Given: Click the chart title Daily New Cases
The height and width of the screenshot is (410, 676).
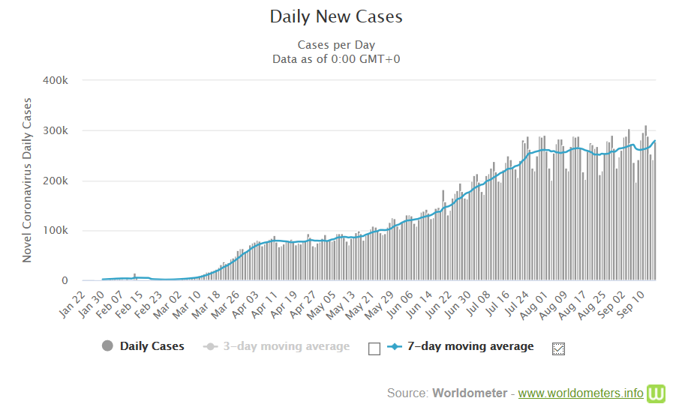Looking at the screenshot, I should [336, 16].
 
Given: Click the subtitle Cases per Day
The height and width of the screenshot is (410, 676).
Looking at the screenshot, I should [336, 45].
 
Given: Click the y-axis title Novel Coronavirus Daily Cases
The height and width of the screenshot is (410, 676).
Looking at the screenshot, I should [27, 180].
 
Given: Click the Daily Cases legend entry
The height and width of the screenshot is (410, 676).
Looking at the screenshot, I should [152, 346].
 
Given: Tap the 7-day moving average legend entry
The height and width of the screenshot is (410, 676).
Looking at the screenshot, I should [470, 346].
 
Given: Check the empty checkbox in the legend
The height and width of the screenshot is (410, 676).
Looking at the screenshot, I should [375, 348].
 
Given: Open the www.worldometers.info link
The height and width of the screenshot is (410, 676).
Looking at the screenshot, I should [580, 393].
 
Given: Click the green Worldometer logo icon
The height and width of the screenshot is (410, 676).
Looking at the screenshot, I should [657, 393].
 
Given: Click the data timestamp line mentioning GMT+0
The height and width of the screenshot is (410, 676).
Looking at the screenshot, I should [336, 58].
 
